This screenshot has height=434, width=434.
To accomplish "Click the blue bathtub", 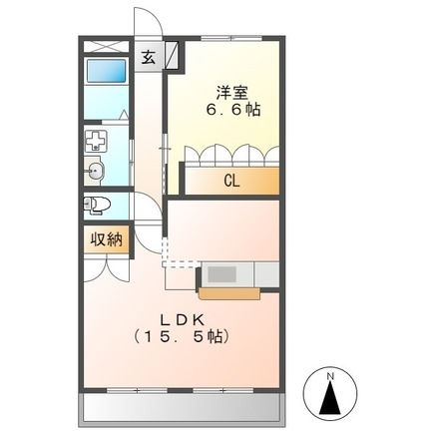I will (x=105, y=71).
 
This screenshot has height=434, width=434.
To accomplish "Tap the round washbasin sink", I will (x=96, y=171).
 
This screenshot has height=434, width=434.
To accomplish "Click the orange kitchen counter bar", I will (x=230, y=292).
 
